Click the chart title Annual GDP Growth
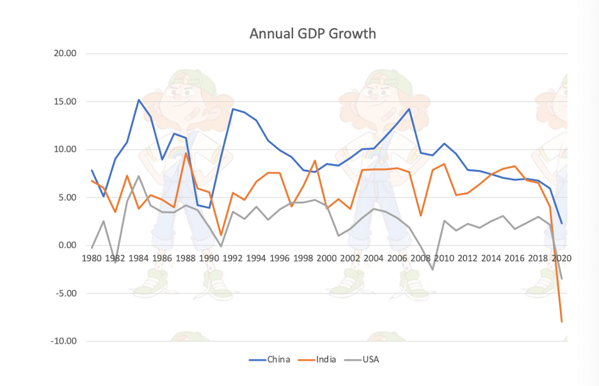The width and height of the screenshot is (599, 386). [312, 33]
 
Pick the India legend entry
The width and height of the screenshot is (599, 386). [326, 359]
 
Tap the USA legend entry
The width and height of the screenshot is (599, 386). [371, 359]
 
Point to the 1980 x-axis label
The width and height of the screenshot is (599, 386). [92, 259]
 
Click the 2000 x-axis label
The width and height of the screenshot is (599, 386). [326, 259]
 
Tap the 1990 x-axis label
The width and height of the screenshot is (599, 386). [209, 259]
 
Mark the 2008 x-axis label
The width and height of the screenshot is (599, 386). [420, 259]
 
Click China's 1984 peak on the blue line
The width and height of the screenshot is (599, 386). [139, 100]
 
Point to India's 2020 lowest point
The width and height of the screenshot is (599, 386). [561, 321]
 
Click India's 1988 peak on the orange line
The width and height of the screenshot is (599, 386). [186, 153]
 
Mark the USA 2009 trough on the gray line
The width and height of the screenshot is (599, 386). [432, 269]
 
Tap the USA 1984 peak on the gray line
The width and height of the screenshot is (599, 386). [139, 176]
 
